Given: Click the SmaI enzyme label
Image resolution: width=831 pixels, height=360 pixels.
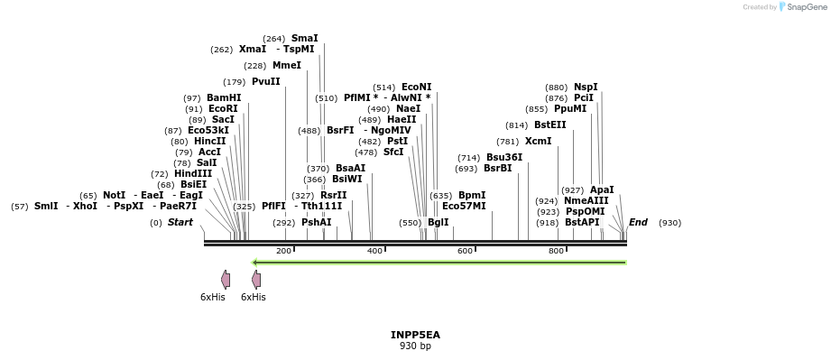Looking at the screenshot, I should (304, 38).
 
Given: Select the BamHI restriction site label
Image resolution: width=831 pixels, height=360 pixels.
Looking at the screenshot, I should (224, 97).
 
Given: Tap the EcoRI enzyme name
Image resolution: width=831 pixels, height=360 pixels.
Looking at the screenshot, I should (223, 108).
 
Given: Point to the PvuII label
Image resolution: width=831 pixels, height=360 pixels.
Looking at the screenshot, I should (265, 81).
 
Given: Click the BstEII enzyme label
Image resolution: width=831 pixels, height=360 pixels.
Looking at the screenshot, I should (549, 125).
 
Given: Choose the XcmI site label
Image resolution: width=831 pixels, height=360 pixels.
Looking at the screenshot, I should (538, 141).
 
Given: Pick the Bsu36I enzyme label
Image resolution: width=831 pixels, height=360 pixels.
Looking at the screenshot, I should (504, 157).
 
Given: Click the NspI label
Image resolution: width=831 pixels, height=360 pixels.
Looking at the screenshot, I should (585, 87).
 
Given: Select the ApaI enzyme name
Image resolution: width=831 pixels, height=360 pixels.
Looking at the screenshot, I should (602, 189).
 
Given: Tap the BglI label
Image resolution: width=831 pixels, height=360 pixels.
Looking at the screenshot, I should (438, 222).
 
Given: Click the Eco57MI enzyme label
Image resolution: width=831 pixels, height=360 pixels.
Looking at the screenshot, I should (464, 206).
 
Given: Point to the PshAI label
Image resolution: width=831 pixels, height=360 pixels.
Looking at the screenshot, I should (316, 222).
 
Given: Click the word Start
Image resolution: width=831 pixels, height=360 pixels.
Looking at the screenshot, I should (180, 222).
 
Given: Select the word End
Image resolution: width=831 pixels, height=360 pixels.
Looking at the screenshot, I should (638, 222).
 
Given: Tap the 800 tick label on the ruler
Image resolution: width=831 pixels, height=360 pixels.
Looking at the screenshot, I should (557, 250).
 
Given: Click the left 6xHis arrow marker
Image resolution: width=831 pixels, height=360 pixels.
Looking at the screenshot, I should (226, 280).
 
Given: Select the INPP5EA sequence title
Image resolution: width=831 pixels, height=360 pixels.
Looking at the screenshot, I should (415, 335).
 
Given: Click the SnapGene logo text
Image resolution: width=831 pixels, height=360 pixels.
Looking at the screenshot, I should (804, 7).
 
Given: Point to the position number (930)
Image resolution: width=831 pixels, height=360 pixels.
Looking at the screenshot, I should (669, 222).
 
